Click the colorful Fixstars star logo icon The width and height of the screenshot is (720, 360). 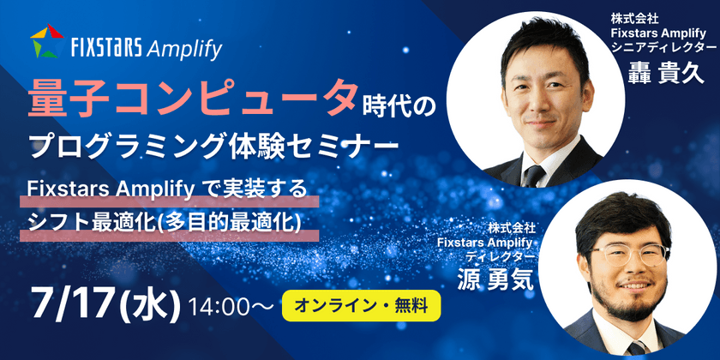(x=46, y=42)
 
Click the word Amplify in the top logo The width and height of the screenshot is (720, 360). (x=184, y=47)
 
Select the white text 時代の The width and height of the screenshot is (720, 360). (x=401, y=105)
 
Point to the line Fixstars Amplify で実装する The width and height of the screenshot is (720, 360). (x=168, y=188)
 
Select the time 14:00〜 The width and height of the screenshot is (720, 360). (x=231, y=305)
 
